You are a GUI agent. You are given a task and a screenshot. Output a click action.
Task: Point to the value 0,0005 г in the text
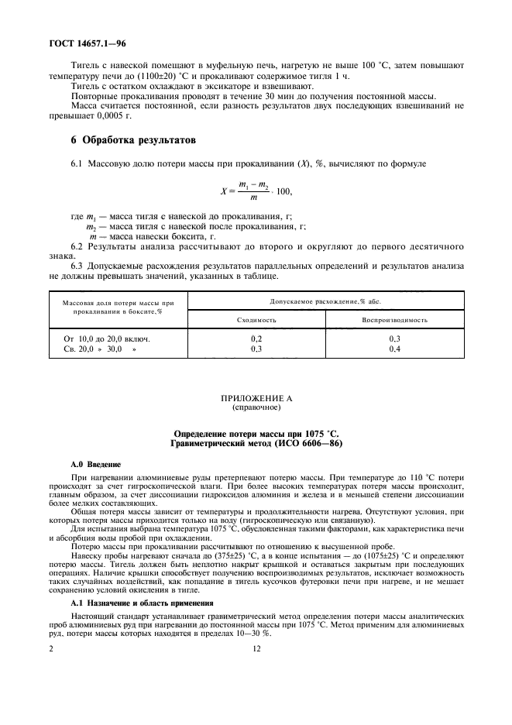tap(117, 116)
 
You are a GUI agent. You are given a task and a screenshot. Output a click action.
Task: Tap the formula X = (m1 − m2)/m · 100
tap(256, 191)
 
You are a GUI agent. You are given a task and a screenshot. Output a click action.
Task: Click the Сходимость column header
tap(256, 319)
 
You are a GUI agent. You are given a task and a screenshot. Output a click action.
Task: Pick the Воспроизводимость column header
tap(394, 319)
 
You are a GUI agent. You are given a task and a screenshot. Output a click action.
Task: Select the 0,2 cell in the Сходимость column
tap(256, 339)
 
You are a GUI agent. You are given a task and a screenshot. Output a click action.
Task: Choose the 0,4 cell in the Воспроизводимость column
tap(394, 349)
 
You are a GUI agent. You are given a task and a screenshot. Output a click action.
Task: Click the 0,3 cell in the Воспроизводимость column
tap(394, 339)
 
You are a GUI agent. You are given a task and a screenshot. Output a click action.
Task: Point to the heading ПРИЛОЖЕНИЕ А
tap(256, 397)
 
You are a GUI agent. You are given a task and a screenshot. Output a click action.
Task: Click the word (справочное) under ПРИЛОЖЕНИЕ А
tap(256, 406)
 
